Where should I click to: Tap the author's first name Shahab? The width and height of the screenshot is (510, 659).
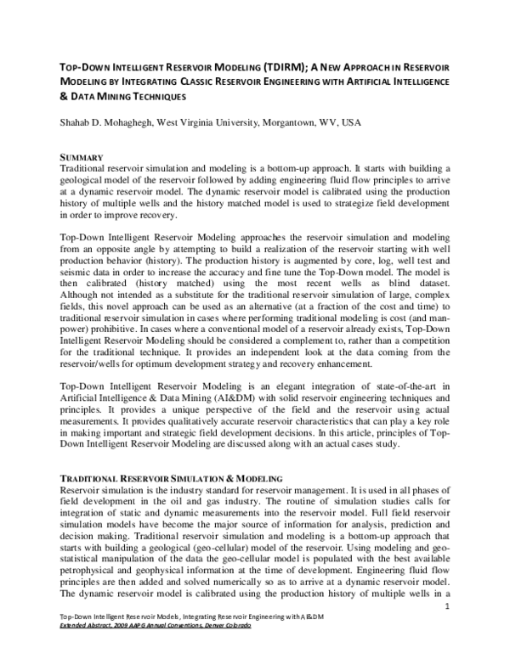click(x=77, y=122)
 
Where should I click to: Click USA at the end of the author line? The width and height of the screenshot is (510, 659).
click(x=350, y=122)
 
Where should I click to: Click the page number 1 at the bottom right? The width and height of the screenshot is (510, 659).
click(x=447, y=629)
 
